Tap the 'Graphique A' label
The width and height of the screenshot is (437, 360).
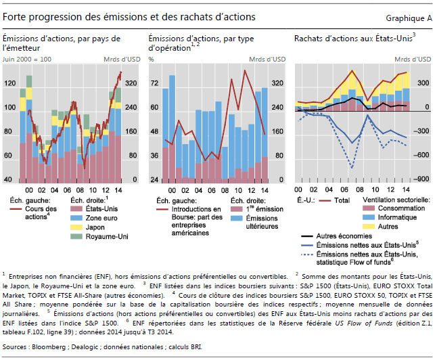point(408,17)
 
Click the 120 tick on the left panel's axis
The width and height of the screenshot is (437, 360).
point(9,83)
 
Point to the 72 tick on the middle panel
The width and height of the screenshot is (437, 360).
point(154,83)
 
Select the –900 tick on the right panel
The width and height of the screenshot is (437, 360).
point(421,179)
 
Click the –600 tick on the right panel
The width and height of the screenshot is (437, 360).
point(421,156)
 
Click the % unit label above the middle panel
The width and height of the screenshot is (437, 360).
point(151,59)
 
